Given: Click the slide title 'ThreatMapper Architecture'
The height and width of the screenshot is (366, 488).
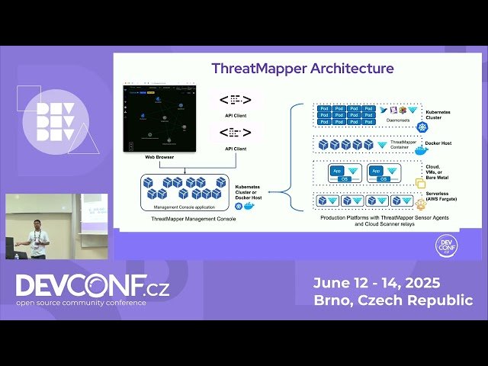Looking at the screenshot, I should pos(303,68).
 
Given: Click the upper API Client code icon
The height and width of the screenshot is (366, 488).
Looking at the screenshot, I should pos(236,100).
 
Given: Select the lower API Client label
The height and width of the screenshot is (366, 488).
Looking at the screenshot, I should pos(236,149).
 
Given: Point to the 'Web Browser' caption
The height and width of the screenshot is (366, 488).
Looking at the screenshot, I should pos(159,157).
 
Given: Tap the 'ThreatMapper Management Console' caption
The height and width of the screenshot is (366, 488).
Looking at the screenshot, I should pos(193,220).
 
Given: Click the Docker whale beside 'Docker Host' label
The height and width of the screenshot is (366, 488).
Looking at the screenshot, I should pos(420,149).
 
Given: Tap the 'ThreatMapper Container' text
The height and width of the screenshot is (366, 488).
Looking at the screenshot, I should pos(403,144).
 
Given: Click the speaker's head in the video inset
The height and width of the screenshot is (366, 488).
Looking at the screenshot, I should pos(36,224).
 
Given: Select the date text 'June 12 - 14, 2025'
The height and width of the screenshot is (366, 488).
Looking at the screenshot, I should pos(376,283).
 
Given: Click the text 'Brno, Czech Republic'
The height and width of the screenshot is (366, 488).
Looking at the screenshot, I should pos(393,300).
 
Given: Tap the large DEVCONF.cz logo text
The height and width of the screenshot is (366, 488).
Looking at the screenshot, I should pos(92,285).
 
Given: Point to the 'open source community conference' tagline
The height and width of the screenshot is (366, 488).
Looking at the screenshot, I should pos(81,303).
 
